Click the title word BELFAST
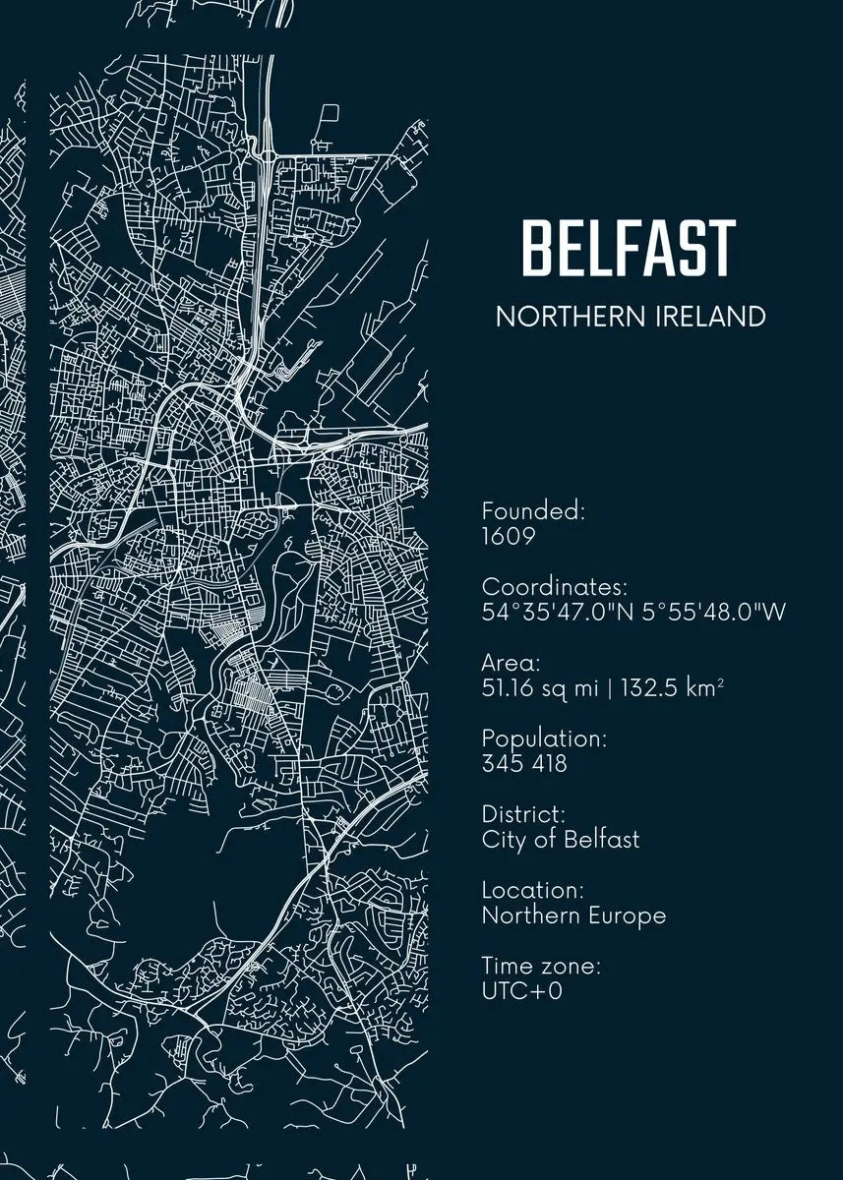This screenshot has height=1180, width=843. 629,248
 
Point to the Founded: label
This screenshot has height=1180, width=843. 533,511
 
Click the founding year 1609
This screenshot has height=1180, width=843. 508,537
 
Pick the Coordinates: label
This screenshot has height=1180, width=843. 555,587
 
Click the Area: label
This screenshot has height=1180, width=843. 511,663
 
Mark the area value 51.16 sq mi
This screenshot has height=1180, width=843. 540,688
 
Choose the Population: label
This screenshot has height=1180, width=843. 544,737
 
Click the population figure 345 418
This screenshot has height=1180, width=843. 524,763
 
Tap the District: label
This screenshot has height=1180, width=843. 523,814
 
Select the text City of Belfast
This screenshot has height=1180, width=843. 561,840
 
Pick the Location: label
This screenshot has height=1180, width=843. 532,890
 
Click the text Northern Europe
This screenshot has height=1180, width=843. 573,915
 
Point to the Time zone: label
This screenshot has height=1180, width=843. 541,966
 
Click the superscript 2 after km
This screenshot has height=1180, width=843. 720,682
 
